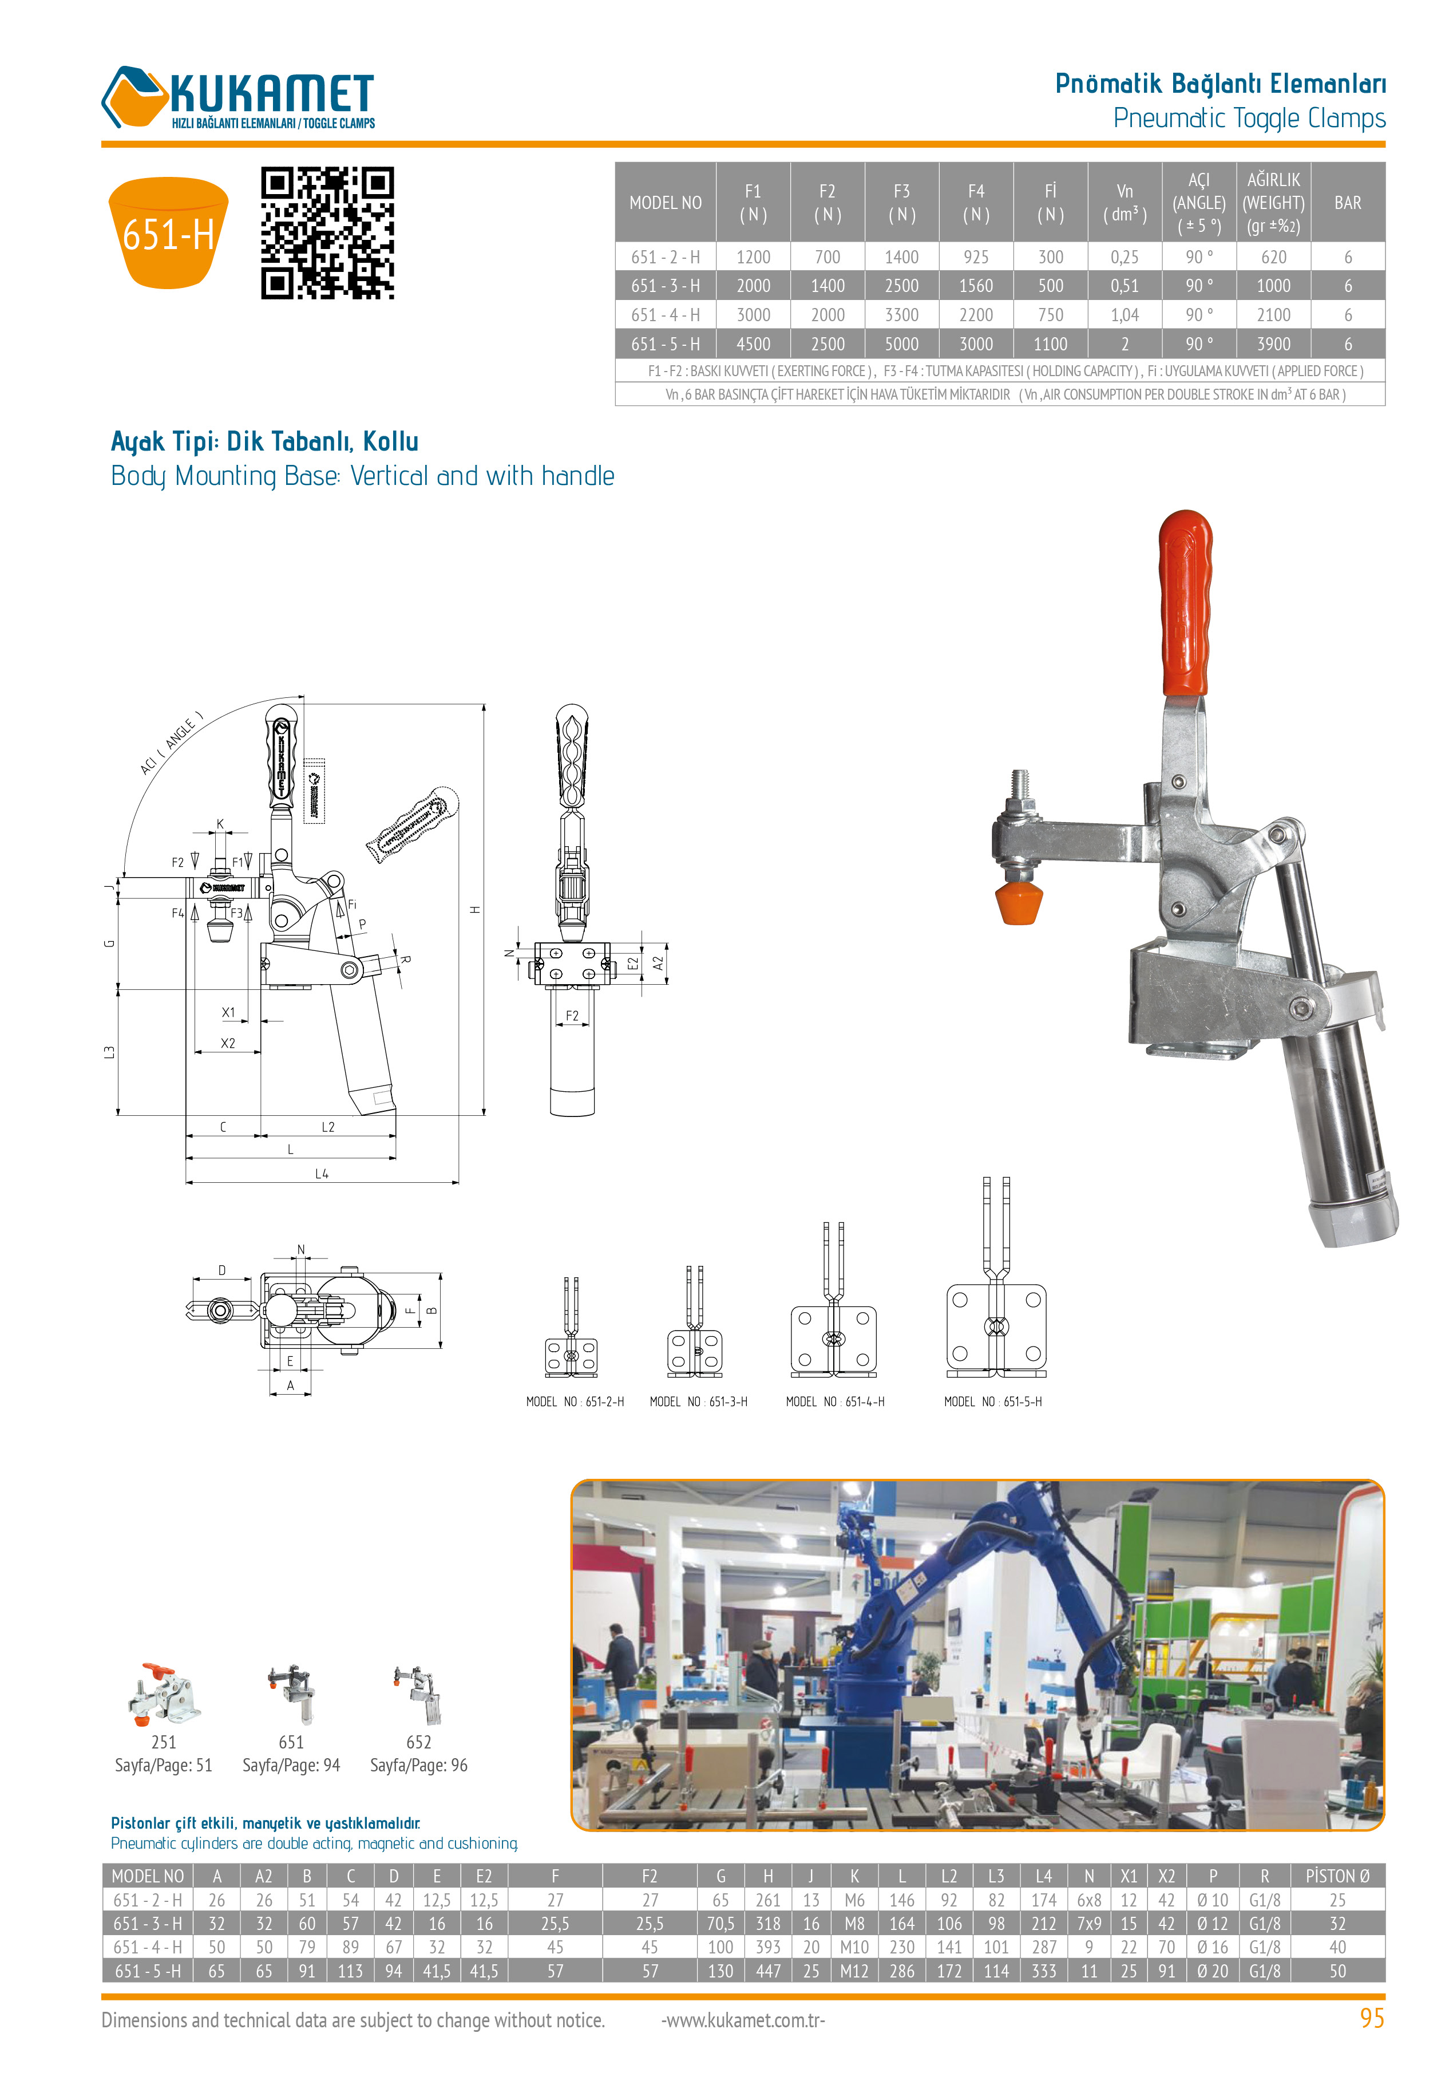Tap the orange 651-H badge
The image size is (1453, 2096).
168,233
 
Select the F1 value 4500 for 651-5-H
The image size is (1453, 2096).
753,344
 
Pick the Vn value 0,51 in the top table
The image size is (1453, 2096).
1125,286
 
